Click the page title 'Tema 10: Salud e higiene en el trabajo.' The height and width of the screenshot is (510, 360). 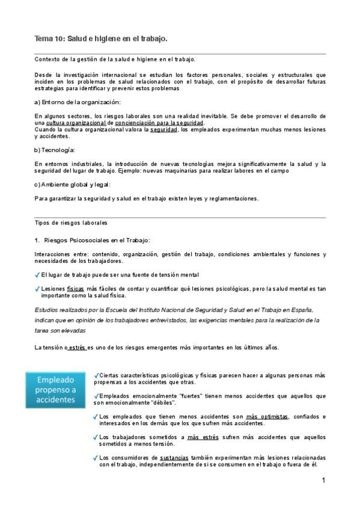(x=100, y=38)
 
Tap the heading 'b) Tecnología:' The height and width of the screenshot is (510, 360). (x=55, y=150)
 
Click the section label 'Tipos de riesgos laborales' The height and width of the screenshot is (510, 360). (x=71, y=223)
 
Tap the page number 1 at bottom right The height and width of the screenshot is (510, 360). (x=323, y=481)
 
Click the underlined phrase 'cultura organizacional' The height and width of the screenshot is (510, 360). (x=76, y=123)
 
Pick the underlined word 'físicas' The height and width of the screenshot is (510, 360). (x=76, y=289)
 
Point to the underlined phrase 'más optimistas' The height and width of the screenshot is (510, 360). (x=267, y=416)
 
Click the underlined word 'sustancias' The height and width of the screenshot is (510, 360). (x=174, y=457)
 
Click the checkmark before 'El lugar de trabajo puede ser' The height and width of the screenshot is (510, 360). (x=38, y=275)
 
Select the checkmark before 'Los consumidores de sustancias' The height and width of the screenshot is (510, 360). (x=96, y=457)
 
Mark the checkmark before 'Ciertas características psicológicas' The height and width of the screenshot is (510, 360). (x=97, y=375)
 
